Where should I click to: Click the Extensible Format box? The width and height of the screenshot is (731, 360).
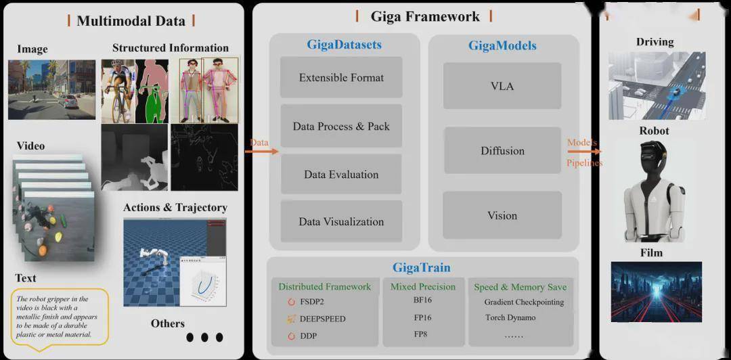pos(341,77)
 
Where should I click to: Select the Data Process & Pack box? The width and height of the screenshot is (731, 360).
pos(341,126)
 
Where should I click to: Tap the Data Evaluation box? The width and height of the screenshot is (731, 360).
pos(341,175)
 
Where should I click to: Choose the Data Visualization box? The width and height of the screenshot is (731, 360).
pos(341,221)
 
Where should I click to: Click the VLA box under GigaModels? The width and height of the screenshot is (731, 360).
pos(502,86)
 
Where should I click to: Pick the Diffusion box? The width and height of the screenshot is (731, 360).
pos(502,151)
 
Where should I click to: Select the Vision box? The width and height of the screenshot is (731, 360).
pos(502,215)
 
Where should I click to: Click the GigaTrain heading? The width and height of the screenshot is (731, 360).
pos(422,267)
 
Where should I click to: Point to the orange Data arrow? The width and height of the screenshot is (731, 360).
pos(261,151)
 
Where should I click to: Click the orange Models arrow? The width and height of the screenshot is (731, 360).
pos(584,151)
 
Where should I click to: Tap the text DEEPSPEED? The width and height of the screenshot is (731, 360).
pos(323,319)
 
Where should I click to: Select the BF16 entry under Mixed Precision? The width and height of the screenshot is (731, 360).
pos(422,300)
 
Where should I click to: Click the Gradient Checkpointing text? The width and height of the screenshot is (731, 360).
pos(524,302)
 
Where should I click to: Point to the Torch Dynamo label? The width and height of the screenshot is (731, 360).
pos(510,317)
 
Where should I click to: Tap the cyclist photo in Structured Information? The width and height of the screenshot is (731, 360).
pos(118,91)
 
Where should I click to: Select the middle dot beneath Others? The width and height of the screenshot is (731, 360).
pos(204,337)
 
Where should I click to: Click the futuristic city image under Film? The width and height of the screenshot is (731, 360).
pos(657,292)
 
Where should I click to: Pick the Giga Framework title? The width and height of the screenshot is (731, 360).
pos(424,17)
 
